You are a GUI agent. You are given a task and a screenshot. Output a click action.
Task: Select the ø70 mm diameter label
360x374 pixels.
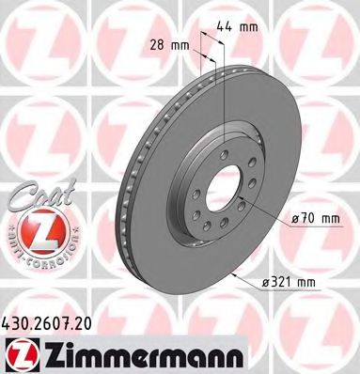(314, 219)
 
